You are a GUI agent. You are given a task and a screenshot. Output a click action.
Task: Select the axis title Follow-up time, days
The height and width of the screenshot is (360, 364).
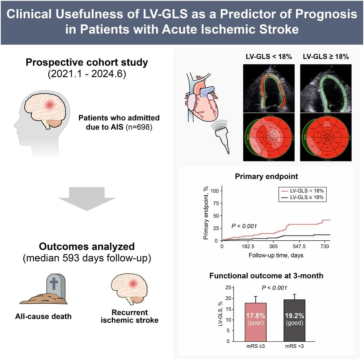[x=276, y=256]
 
